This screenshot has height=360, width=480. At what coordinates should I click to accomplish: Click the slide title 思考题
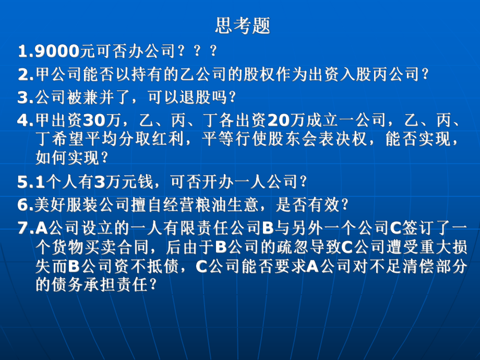click(243, 26)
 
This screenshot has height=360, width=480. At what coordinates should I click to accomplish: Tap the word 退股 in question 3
click(198, 98)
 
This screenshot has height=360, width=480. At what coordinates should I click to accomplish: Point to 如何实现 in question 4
click(67, 158)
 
